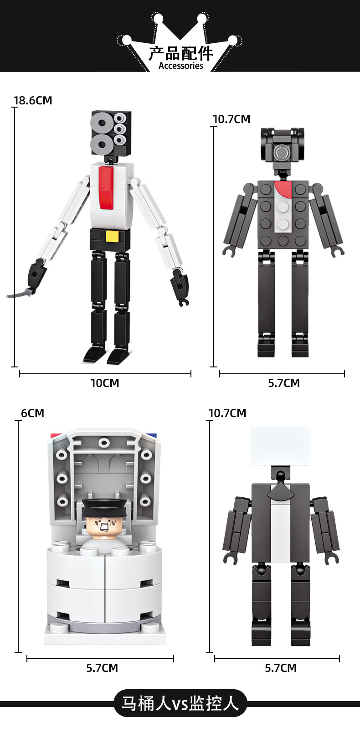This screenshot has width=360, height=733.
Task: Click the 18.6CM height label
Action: click(x=33, y=100)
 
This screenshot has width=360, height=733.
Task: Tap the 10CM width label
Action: click(x=105, y=383)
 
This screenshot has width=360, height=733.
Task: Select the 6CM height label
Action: click(x=32, y=413)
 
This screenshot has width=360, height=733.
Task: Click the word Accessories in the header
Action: click(x=180, y=66)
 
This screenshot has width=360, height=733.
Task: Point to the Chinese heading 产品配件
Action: click(x=180, y=53)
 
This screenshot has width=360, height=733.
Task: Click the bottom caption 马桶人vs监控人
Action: click(x=180, y=703)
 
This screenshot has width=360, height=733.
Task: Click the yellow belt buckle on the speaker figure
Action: click(x=112, y=236)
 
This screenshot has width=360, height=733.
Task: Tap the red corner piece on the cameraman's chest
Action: click(x=283, y=188)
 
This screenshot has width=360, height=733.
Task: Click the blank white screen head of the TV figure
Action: click(x=281, y=445)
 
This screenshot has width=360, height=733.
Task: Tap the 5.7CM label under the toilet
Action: click(x=102, y=668)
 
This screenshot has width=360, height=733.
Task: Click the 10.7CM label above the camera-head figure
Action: click(x=231, y=119)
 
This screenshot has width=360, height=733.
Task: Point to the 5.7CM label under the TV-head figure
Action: click(x=281, y=668)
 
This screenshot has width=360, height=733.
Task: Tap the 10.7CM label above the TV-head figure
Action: click(x=227, y=413)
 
